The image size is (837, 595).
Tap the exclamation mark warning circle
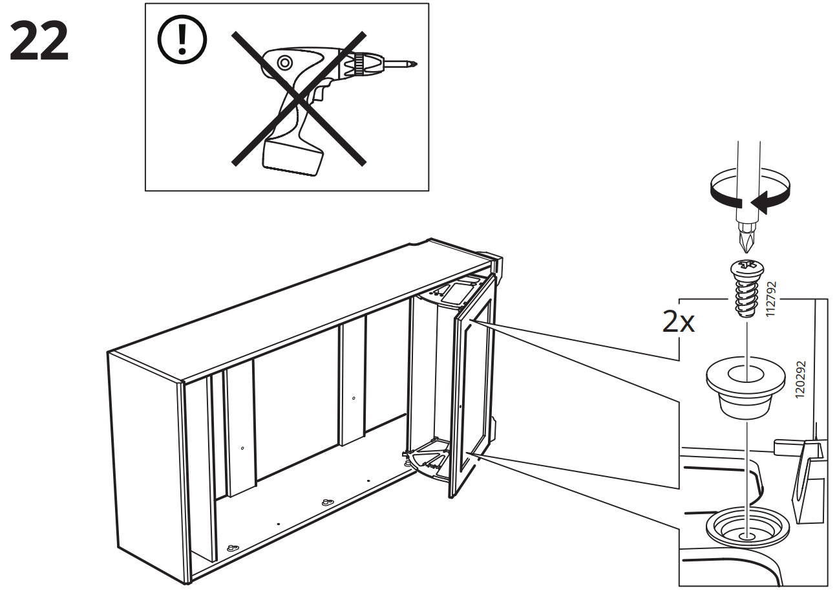[182, 41]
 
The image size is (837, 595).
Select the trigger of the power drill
[317, 97]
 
